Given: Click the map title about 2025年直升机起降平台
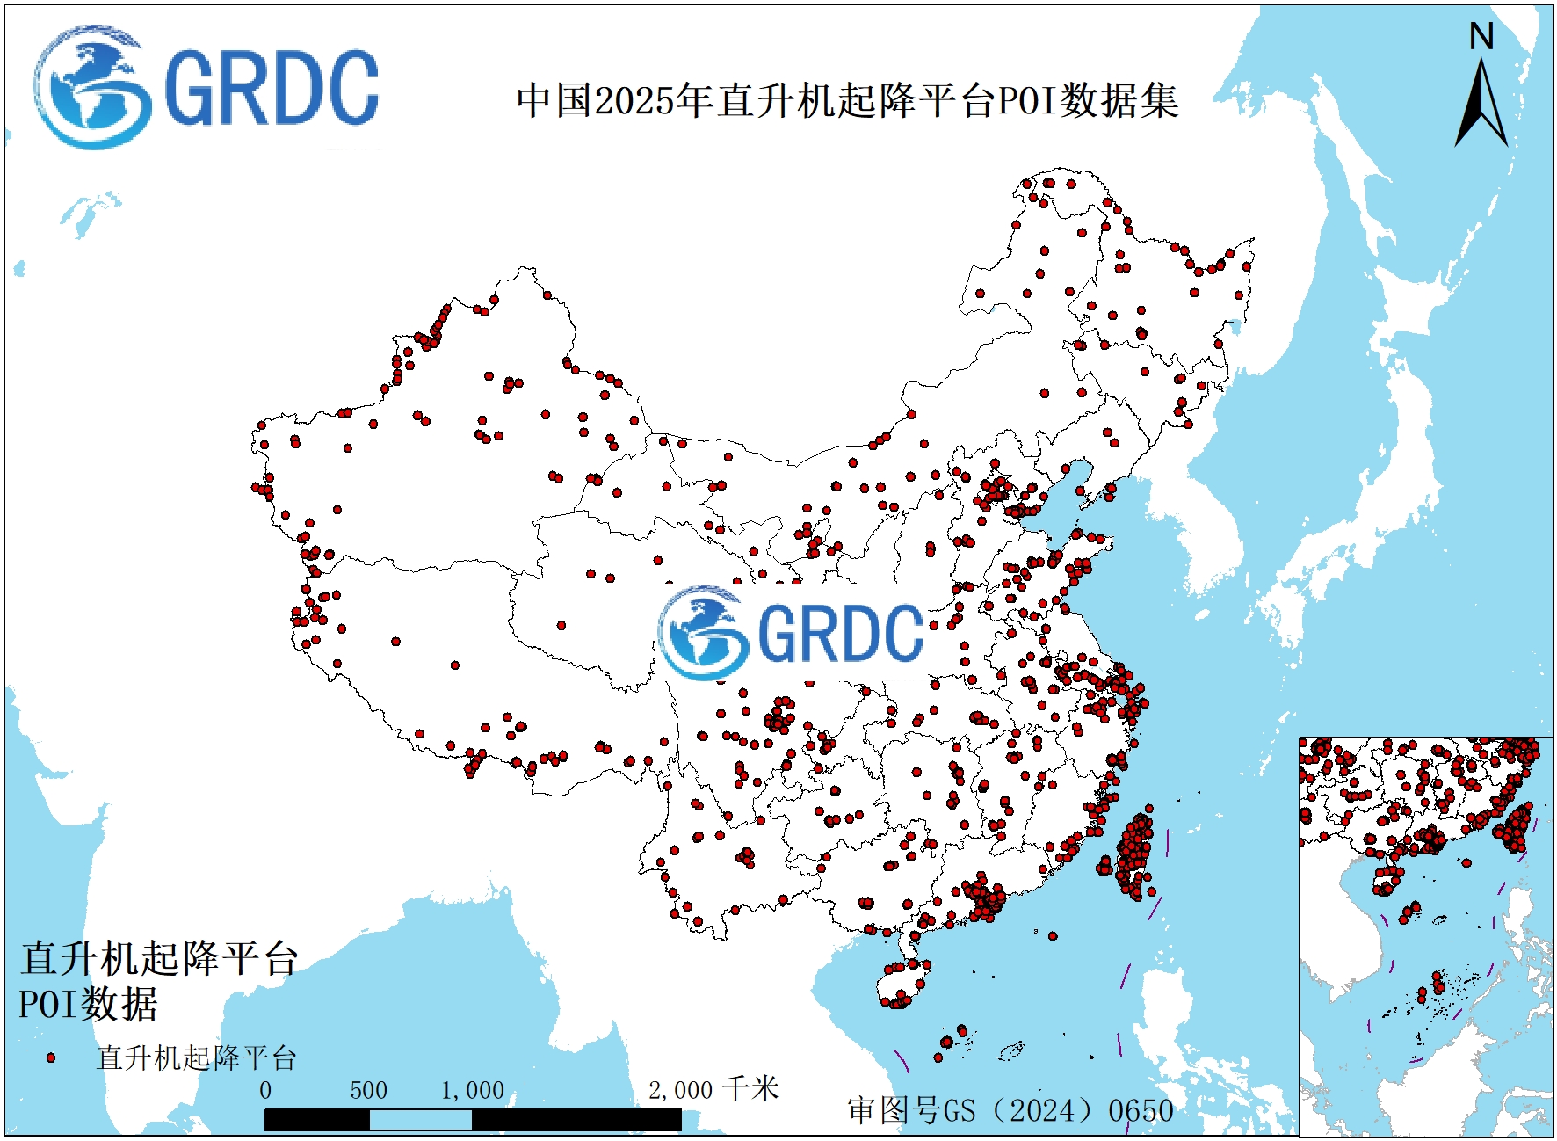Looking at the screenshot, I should coord(847,100).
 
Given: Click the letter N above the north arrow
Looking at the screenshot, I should coord(1481,37).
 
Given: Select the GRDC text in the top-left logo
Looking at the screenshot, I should coord(271,89).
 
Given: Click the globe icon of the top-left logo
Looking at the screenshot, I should coord(90,88).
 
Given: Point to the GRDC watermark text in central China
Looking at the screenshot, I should coord(840,633).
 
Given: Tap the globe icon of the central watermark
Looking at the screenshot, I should coord(703,631).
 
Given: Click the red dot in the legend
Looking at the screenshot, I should coord(51,1057).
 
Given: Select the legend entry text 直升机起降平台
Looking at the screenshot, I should coord(196,1057).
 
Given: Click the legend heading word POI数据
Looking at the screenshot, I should coord(88,1005).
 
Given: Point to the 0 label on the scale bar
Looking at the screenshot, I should coord(265,1091).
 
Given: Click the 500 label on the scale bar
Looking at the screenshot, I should coord(368,1091).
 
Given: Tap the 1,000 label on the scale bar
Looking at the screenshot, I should coord(472,1091).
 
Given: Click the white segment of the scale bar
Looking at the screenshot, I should coord(420,1120).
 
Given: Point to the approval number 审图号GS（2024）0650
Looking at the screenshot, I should coord(1010,1110).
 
